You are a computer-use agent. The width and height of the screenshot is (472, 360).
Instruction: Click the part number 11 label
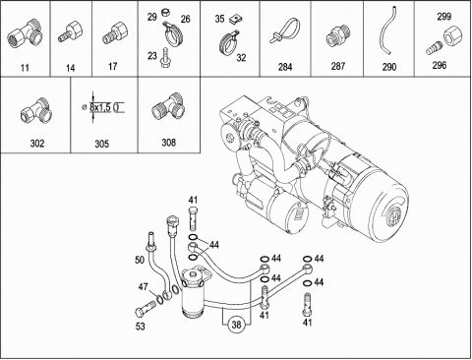25,68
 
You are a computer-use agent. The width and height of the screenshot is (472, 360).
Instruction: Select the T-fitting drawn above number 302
36,110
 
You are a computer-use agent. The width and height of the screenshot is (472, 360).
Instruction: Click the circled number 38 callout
236,325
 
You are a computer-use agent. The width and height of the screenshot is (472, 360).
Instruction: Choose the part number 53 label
141,327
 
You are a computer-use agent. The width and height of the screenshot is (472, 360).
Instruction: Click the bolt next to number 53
145,309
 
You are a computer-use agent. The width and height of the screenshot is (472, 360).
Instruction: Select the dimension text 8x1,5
100,107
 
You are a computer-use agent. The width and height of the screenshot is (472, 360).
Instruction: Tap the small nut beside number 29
166,14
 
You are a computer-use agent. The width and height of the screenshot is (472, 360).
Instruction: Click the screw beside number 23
164,58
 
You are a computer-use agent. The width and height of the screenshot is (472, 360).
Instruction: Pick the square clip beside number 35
236,20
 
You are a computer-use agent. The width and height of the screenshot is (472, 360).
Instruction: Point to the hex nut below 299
453,35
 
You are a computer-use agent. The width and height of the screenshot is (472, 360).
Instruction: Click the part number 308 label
169,143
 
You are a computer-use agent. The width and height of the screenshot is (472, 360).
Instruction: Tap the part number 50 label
140,260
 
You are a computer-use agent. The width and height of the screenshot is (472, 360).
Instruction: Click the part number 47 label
143,287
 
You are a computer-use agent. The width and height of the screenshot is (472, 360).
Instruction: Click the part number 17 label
112,67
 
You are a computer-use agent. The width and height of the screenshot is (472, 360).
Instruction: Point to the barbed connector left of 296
434,48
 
